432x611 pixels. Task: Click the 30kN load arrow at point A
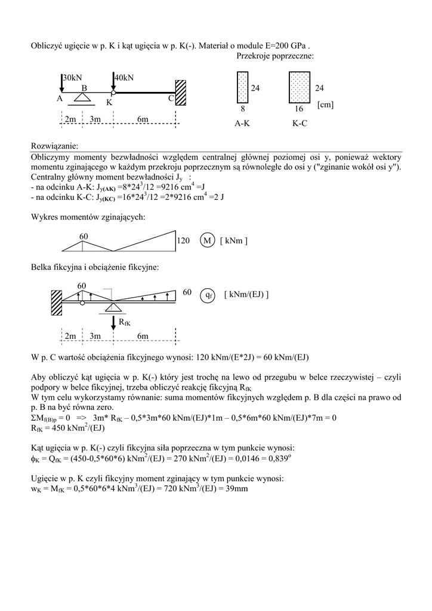pyautogui.click(x=62, y=84)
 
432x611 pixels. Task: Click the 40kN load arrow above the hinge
pyautogui.click(x=113, y=84)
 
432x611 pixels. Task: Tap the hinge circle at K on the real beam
pyautogui.click(x=113, y=94)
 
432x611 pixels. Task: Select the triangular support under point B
pyautogui.click(x=83, y=97)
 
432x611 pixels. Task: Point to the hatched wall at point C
pyautogui.click(x=181, y=94)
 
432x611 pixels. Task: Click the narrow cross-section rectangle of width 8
pyautogui.click(x=242, y=88)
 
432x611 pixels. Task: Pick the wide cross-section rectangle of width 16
pyautogui.click(x=299, y=88)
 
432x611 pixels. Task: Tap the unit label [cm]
pyautogui.click(x=325, y=105)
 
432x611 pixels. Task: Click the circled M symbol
pyautogui.click(x=207, y=240)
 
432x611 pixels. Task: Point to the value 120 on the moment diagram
pyautogui.click(x=183, y=240)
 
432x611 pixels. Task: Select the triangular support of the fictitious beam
pyautogui.click(x=113, y=307)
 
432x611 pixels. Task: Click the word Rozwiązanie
pyautogui.click(x=54, y=146)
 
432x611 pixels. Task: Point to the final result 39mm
pyautogui.click(x=237, y=489)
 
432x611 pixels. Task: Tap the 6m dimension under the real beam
pyautogui.click(x=143, y=119)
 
